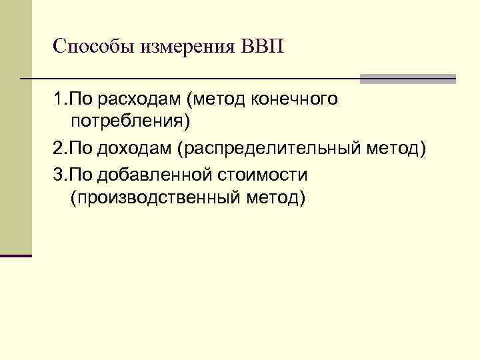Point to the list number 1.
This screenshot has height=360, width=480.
[59, 101]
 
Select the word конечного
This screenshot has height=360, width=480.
[294, 101]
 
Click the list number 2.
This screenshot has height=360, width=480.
[59, 148]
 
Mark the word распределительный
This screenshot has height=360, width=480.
[270, 148]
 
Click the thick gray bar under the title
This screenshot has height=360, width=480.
[407, 79]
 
